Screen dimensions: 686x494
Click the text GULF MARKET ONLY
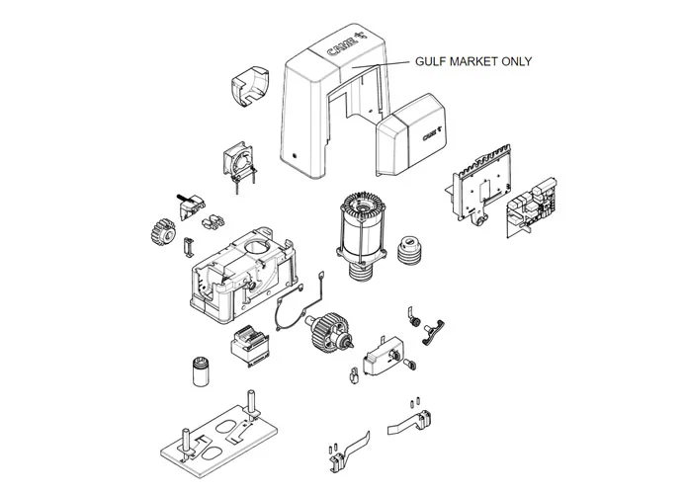coord(473,61)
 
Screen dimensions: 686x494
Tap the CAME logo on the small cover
coord(434,133)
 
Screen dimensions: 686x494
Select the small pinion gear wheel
coord(163,232)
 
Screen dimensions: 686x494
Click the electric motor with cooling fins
coord(362,235)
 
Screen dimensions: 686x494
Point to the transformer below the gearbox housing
coord(250,346)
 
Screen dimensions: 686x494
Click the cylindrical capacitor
coord(201,371)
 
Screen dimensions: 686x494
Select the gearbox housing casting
coord(244,275)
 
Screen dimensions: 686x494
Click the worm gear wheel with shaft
coord(329,331)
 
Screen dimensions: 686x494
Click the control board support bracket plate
coord(478,184)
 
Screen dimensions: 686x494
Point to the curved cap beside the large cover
coord(250,86)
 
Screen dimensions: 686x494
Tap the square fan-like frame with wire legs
coord(239,165)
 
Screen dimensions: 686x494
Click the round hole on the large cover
coord(294,156)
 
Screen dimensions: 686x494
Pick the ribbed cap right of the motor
coord(409,250)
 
